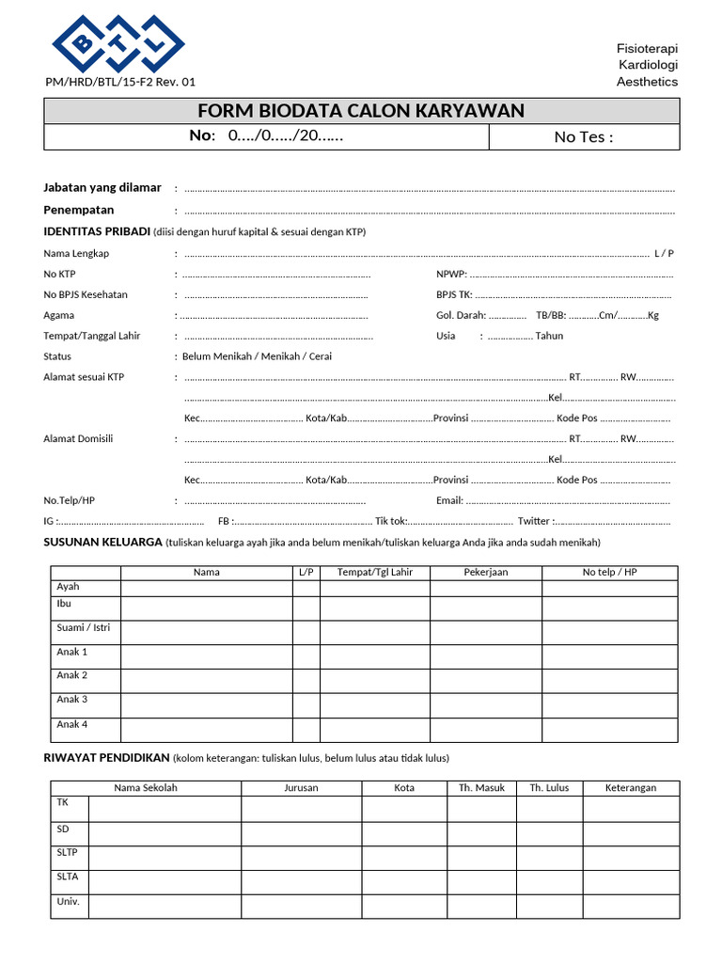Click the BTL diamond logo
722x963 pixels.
point(118,42)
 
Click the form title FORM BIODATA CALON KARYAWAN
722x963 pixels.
point(361,112)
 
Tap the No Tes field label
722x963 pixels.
point(583,137)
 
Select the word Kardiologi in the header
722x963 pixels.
point(648,65)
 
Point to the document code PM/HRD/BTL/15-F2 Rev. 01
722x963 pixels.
point(121,82)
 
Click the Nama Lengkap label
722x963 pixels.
point(76,254)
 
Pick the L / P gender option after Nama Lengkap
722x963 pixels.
point(664,254)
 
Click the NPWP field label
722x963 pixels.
point(450,275)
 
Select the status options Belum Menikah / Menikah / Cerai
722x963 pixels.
point(257,356)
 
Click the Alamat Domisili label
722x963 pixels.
point(78,439)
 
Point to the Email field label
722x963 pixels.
point(449,500)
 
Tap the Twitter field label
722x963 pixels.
point(534,521)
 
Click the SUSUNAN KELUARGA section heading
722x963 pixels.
point(102,543)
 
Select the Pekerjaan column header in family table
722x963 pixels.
point(485,573)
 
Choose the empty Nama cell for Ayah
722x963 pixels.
point(206,588)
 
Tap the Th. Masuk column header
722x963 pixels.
point(481,788)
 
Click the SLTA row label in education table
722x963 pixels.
point(68,877)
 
